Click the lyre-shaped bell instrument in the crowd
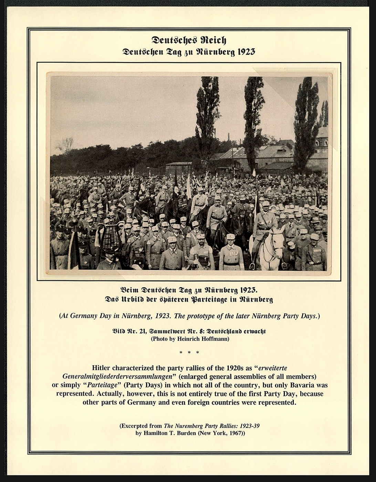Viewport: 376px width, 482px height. point(111,237)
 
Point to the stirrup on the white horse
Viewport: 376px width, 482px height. point(252,265)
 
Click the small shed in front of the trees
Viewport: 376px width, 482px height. point(178,168)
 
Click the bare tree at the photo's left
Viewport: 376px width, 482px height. point(66,145)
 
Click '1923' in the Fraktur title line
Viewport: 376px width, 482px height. point(245,52)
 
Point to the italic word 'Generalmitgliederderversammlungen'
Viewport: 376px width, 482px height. point(117,376)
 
